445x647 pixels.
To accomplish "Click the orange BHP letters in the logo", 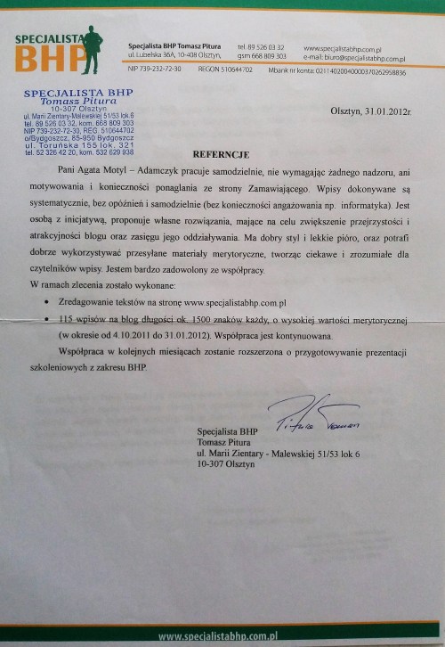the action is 52,60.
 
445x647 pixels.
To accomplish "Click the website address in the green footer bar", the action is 222,637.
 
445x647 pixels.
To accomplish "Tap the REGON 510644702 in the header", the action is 223,70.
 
